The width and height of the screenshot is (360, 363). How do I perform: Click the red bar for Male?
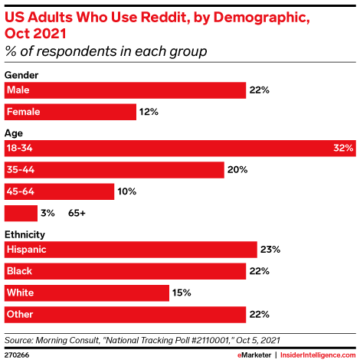125,90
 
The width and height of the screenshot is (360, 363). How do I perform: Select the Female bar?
70,112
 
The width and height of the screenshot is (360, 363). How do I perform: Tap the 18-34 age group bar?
181,148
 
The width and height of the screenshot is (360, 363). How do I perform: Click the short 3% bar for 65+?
21,212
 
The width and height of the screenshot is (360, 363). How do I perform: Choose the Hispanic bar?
130,249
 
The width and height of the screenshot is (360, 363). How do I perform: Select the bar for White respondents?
87,292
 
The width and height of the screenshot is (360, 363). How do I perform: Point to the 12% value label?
149,112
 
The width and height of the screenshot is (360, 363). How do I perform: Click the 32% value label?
343,148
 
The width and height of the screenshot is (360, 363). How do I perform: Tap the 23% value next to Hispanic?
270,249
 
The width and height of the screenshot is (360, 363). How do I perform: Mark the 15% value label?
182,292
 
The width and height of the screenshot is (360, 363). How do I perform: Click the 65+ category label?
77,212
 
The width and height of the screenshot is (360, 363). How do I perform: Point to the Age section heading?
14,132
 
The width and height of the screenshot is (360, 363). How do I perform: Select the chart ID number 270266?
18,355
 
